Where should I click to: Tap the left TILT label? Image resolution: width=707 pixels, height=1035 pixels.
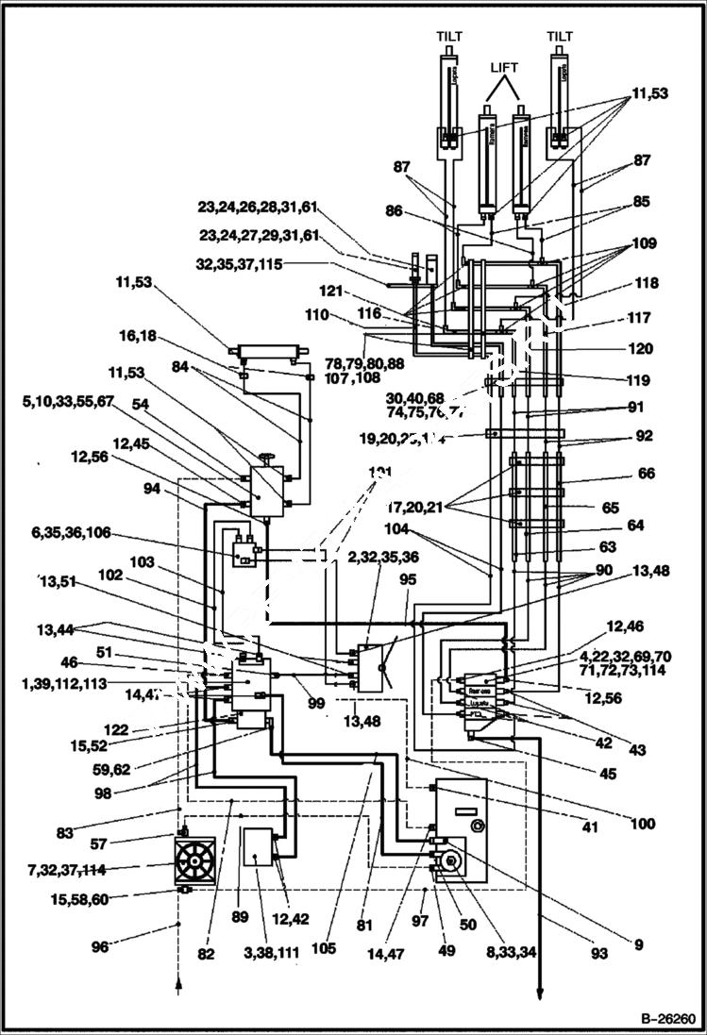click(x=449, y=36)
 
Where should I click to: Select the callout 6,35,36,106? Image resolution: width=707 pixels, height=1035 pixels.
click(x=70, y=533)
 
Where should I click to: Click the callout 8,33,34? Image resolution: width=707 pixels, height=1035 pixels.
click(x=511, y=953)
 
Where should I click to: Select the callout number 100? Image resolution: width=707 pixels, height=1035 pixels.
click(x=642, y=824)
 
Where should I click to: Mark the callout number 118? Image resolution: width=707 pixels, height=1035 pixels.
click(x=647, y=282)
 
